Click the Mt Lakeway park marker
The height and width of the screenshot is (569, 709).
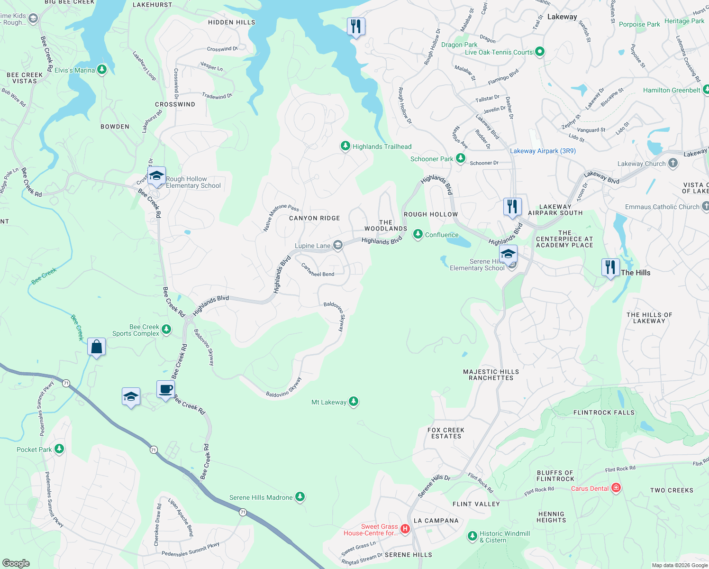coord(353,402)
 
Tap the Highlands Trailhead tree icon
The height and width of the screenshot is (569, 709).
coord(345,146)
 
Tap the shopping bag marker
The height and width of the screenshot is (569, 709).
coord(97,347)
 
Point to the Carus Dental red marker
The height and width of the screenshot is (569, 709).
coord(616,488)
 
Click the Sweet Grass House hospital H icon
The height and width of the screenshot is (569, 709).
coord(405,529)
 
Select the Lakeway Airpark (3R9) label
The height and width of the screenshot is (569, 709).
coord(543,151)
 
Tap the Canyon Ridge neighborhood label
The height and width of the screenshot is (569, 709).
coord(315,218)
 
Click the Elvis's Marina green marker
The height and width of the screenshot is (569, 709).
coord(101,70)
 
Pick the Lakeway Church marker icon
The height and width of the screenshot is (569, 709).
coord(673,164)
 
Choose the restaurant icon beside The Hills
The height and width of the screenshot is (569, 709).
coord(610,267)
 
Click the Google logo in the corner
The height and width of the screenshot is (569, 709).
coord(16,563)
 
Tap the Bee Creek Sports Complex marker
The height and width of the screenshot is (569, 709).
coord(166,330)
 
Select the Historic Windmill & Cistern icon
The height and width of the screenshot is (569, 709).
coord(472,536)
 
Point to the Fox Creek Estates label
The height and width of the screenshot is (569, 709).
coord(446,433)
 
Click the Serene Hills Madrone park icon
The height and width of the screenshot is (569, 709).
coord(300,497)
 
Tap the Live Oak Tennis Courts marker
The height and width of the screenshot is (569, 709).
coord(539,52)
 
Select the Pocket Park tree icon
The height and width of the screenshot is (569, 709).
coord(59,449)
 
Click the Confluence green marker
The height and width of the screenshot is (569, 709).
coord(418,234)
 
